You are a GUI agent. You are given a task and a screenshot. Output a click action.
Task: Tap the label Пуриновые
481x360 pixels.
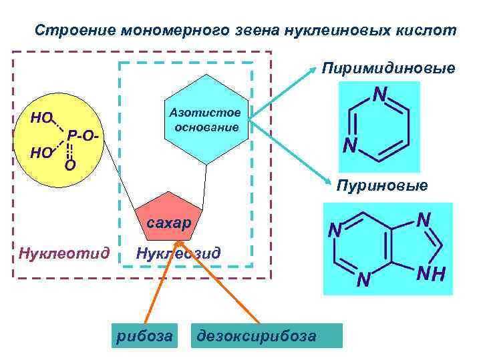tap(382, 185)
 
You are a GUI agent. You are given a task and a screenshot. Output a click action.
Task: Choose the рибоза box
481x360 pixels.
tap(144, 335)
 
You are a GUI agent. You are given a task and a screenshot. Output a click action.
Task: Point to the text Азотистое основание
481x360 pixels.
tap(207, 121)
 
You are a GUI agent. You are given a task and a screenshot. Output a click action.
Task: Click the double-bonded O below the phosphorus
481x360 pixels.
tap(69, 164)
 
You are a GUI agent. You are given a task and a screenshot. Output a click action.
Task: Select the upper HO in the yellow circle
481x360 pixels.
tap(42, 118)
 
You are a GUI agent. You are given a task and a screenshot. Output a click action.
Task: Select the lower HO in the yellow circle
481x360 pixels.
tap(41, 153)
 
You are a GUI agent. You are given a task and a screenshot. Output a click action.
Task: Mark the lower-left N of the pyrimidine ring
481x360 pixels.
tap(349, 145)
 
